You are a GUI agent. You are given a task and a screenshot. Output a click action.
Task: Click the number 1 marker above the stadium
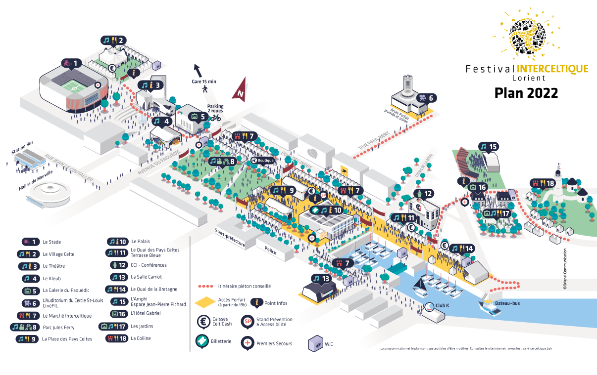71,63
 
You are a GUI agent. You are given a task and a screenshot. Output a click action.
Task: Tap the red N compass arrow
241,90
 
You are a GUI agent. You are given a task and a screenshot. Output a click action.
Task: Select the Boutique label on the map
263,160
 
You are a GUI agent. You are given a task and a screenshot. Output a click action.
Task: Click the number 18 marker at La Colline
543,183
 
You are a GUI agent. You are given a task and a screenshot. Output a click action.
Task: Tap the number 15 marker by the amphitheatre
489,147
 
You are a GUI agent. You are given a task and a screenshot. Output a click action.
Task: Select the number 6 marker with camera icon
426,98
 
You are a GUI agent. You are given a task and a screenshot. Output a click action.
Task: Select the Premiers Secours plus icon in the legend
248,342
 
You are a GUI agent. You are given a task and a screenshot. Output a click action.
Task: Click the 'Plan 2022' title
526,92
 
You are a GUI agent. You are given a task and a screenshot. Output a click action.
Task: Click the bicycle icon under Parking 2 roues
215,118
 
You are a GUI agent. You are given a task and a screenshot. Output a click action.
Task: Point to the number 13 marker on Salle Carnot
320,279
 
